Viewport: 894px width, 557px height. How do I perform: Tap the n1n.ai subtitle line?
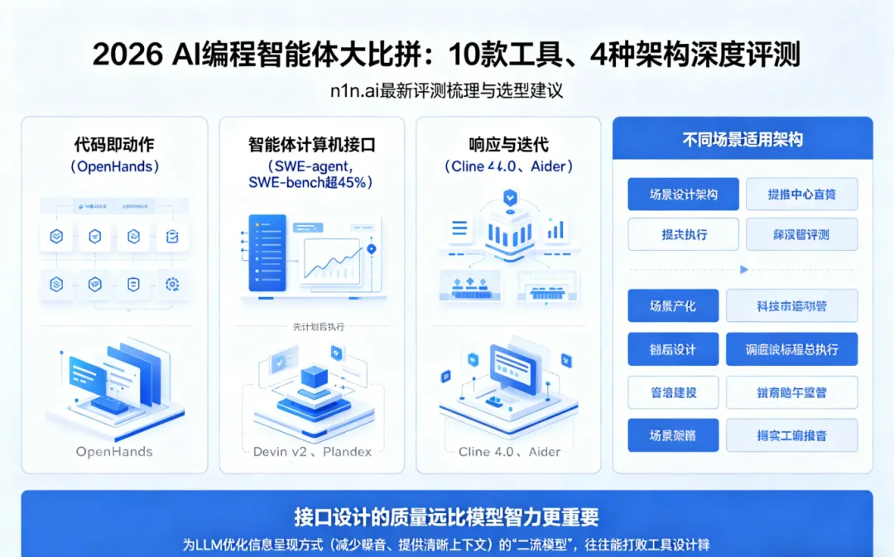click(x=446, y=91)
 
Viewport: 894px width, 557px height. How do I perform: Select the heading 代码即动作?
click(x=114, y=145)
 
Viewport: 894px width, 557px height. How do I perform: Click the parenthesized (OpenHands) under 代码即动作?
click(x=114, y=166)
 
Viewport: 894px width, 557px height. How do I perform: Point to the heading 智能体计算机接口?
click(x=311, y=145)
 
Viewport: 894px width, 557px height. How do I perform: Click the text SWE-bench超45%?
click(x=311, y=183)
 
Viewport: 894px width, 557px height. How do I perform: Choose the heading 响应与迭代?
click(x=508, y=145)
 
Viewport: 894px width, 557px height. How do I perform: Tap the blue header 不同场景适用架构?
click(x=743, y=139)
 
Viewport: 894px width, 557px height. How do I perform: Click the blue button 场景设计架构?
click(x=683, y=194)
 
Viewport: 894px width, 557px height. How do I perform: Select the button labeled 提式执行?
click(x=683, y=234)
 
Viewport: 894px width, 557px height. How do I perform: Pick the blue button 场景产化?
click(x=672, y=305)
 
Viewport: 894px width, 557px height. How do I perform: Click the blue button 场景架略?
click(x=672, y=435)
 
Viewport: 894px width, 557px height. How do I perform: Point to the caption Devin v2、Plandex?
click(x=311, y=452)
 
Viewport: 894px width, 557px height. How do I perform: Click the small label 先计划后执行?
click(x=311, y=327)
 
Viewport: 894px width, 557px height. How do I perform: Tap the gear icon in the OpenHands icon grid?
click(x=172, y=285)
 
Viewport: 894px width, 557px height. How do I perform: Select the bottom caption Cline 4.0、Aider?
click(x=508, y=452)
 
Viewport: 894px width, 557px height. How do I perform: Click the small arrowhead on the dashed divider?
click(x=743, y=270)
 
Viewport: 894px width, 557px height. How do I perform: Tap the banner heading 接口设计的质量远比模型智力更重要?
click(x=446, y=518)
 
